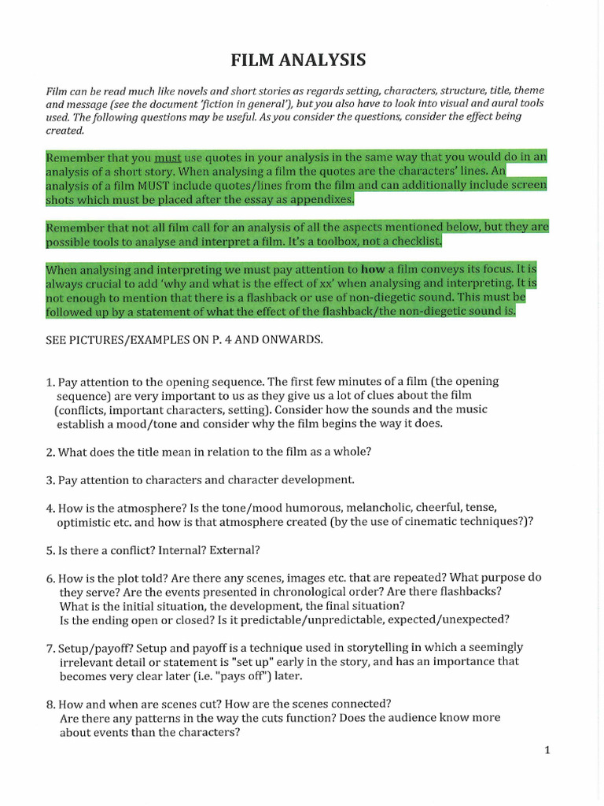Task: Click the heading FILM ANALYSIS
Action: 297,61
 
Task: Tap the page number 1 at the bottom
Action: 547,750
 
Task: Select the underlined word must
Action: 168,157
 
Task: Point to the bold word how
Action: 372,269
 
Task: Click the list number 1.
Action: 50,382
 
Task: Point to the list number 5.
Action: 50,549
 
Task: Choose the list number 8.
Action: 50,704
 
